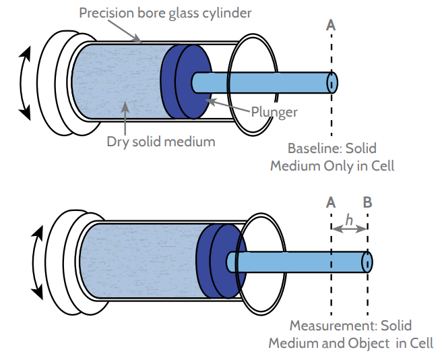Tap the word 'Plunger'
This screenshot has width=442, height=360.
[x=274, y=112]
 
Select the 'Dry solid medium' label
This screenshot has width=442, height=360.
[x=161, y=142]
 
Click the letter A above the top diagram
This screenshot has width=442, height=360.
[x=331, y=25]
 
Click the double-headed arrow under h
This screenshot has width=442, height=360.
[x=349, y=229]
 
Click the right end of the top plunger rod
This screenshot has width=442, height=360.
[x=332, y=82]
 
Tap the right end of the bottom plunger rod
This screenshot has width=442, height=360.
[x=368, y=261]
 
